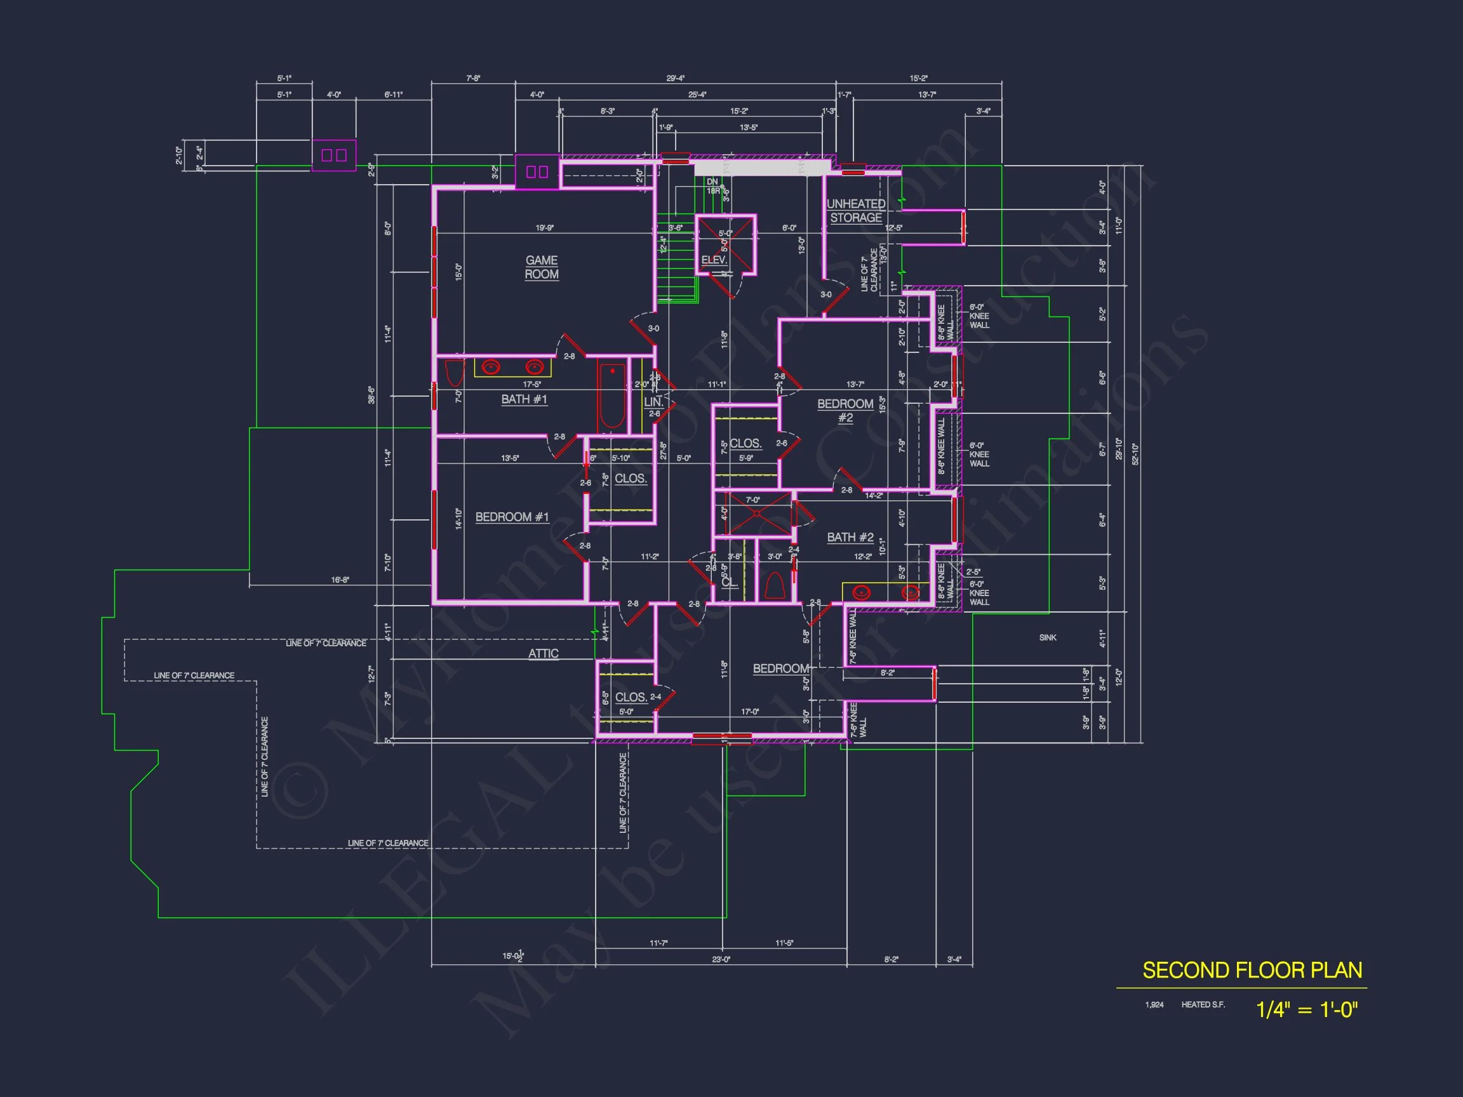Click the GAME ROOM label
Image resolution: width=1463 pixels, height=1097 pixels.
[542, 267]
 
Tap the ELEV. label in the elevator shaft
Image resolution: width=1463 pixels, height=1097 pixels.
[714, 260]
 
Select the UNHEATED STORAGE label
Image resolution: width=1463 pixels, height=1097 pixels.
[856, 210]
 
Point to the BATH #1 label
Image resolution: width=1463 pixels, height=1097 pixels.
[524, 399]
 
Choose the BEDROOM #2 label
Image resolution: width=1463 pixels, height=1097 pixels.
[845, 410]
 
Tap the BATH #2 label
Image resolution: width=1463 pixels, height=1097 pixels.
[850, 537]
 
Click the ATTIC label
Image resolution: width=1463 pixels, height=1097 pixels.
[543, 653]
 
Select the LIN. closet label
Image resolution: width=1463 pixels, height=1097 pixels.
[653, 401]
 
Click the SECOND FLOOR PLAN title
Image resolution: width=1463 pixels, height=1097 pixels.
[1252, 970]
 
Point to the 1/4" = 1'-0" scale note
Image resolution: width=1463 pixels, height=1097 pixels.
[1306, 1010]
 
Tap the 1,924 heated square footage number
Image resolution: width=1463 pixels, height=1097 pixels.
[1154, 1004]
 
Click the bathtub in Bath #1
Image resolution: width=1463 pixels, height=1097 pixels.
[611, 397]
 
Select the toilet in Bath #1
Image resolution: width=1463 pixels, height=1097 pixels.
[455, 373]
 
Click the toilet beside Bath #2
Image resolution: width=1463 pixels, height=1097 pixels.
[774, 585]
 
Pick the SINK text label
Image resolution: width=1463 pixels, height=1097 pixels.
[1048, 637]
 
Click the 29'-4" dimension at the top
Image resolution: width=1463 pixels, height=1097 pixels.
[675, 78]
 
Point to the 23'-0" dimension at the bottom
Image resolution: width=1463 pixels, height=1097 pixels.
[721, 959]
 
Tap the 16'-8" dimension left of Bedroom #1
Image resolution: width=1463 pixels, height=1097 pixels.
[340, 580]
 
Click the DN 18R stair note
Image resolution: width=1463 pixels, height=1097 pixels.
[713, 186]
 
